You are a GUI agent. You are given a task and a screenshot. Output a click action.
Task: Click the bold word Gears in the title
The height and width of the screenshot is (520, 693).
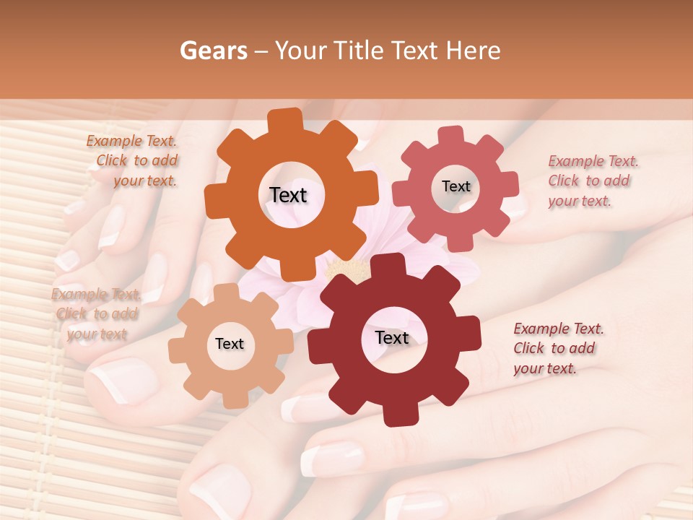(213, 51)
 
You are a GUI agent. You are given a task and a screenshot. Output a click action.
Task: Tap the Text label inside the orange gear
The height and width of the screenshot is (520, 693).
(288, 195)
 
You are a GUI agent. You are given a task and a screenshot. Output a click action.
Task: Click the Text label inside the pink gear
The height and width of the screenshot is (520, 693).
(456, 186)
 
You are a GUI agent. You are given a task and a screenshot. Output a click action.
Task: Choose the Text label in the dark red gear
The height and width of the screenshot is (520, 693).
(392, 338)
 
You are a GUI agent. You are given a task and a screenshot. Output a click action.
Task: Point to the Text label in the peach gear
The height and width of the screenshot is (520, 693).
(230, 344)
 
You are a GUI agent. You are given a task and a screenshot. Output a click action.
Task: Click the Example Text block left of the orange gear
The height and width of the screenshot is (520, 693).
(133, 161)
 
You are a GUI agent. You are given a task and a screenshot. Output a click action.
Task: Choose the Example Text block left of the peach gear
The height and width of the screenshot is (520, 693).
(97, 314)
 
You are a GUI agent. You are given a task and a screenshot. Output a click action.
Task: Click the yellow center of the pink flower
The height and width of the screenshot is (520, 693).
(346, 272)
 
